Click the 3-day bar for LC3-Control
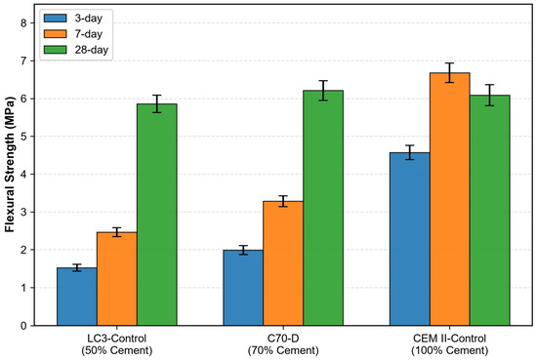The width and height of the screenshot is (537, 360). click(x=77, y=297)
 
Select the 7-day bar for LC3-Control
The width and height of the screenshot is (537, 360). click(x=117, y=279)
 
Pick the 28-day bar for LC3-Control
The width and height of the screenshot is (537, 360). click(x=157, y=215)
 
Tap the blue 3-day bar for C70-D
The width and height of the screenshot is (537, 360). click(x=243, y=288)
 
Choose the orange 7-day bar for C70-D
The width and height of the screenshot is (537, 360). click(x=283, y=263)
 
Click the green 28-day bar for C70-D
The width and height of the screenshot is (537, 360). click(x=323, y=208)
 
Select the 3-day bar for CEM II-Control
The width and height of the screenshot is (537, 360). click(x=410, y=239)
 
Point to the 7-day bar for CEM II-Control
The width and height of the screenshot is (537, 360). click(x=450, y=199)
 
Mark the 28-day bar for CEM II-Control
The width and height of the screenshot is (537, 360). click(x=490, y=210)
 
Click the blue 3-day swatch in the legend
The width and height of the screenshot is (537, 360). click(x=55, y=19)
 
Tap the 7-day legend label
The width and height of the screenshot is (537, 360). click(x=88, y=34)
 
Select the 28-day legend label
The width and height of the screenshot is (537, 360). click(x=92, y=50)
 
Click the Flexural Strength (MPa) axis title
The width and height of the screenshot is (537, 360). click(x=10, y=165)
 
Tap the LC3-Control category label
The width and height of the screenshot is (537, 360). click(x=117, y=339)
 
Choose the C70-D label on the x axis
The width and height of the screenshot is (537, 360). click(x=283, y=339)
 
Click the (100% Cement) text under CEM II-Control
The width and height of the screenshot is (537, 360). click(x=450, y=350)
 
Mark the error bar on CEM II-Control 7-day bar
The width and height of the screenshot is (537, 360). click(x=450, y=72)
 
